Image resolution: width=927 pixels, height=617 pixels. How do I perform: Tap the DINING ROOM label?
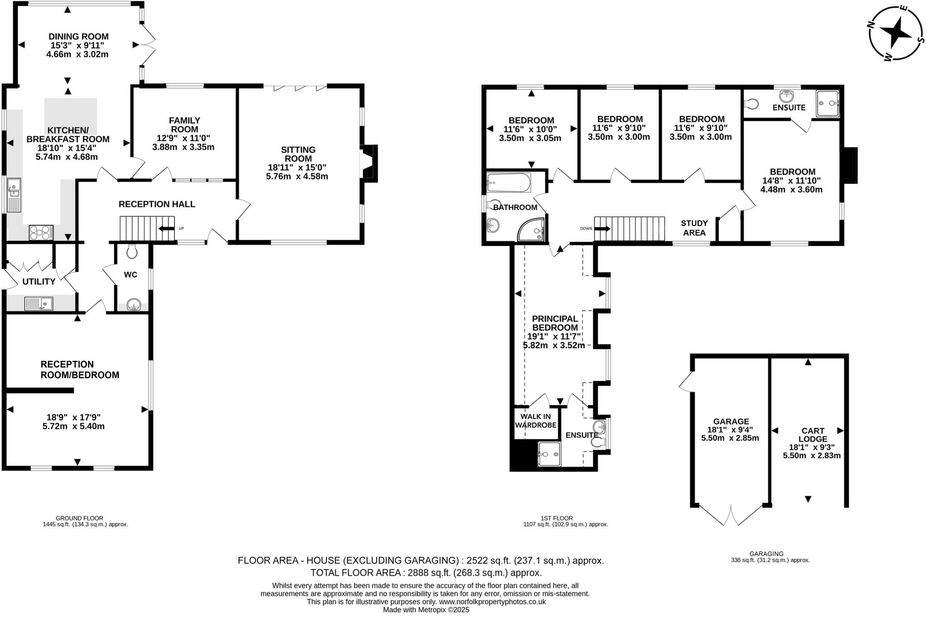pyautogui.click(x=79, y=37)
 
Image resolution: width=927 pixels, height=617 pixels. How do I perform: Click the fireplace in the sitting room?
pyautogui.click(x=369, y=164)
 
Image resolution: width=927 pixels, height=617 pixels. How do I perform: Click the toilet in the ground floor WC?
pyautogui.click(x=132, y=251)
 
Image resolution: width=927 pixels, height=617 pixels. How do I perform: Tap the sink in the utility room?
pyautogui.click(x=38, y=303)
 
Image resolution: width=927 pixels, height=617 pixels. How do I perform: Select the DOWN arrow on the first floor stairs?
pyautogui.click(x=602, y=229)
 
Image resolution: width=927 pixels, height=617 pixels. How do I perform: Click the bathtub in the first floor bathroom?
pyautogui.click(x=508, y=183)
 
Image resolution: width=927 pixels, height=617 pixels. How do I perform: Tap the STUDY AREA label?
pyautogui.click(x=694, y=228)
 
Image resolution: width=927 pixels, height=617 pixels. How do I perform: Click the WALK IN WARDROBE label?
pyautogui.click(x=535, y=421)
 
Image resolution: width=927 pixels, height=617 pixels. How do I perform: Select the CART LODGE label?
pyautogui.click(x=812, y=435)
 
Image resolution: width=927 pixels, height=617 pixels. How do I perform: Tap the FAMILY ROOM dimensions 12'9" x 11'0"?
pyautogui.click(x=184, y=138)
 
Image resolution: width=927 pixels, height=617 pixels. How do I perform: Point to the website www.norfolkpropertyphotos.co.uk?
pyautogui.click(x=492, y=602)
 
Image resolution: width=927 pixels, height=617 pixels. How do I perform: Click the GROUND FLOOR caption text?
pyautogui.click(x=79, y=518)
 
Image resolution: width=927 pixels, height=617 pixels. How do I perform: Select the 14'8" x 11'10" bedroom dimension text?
pyautogui.click(x=791, y=180)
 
